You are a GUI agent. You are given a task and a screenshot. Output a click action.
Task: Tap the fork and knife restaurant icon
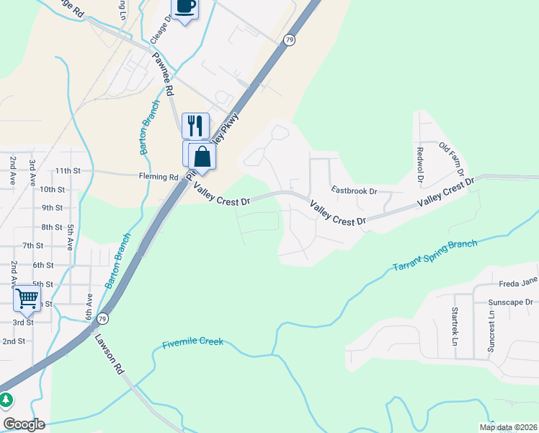pyautogui.click(x=195, y=126)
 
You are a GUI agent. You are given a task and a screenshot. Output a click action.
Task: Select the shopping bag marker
pyautogui.click(x=202, y=156)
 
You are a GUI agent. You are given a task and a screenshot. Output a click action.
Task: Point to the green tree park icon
pyautogui.click(x=6, y=399)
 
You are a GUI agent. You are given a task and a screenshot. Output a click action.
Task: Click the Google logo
pyautogui.click(x=24, y=424)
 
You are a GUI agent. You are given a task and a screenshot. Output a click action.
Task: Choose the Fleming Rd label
pyautogui.click(x=159, y=177)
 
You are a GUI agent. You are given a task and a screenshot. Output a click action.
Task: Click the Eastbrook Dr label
pyautogui.click(x=354, y=191)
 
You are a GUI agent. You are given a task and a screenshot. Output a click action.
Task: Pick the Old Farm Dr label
pyautogui.click(x=450, y=159)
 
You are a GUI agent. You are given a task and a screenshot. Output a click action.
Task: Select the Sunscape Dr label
pyautogui.click(x=509, y=302)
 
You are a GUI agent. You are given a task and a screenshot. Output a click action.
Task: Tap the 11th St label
pyautogui.click(x=68, y=170)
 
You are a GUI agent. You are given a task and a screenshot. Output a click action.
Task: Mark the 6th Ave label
pyautogui.click(x=89, y=306)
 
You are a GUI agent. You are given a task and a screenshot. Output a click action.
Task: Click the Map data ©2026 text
pyautogui.click(x=508, y=427)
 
